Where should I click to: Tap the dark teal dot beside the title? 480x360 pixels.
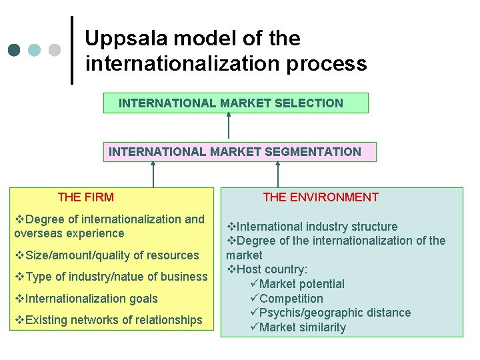[x=15, y=50]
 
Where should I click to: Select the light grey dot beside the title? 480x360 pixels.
[x=55, y=50]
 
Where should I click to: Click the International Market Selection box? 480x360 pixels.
[x=235, y=103]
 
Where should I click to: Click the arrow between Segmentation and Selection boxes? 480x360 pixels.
[x=229, y=126]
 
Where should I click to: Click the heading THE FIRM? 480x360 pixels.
[x=86, y=197]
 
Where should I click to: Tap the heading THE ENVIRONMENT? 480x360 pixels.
[x=321, y=197]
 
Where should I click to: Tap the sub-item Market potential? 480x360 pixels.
[x=301, y=284]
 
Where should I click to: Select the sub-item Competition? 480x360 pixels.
[x=291, y=299]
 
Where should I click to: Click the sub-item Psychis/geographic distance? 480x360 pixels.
[x=335, y=313]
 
